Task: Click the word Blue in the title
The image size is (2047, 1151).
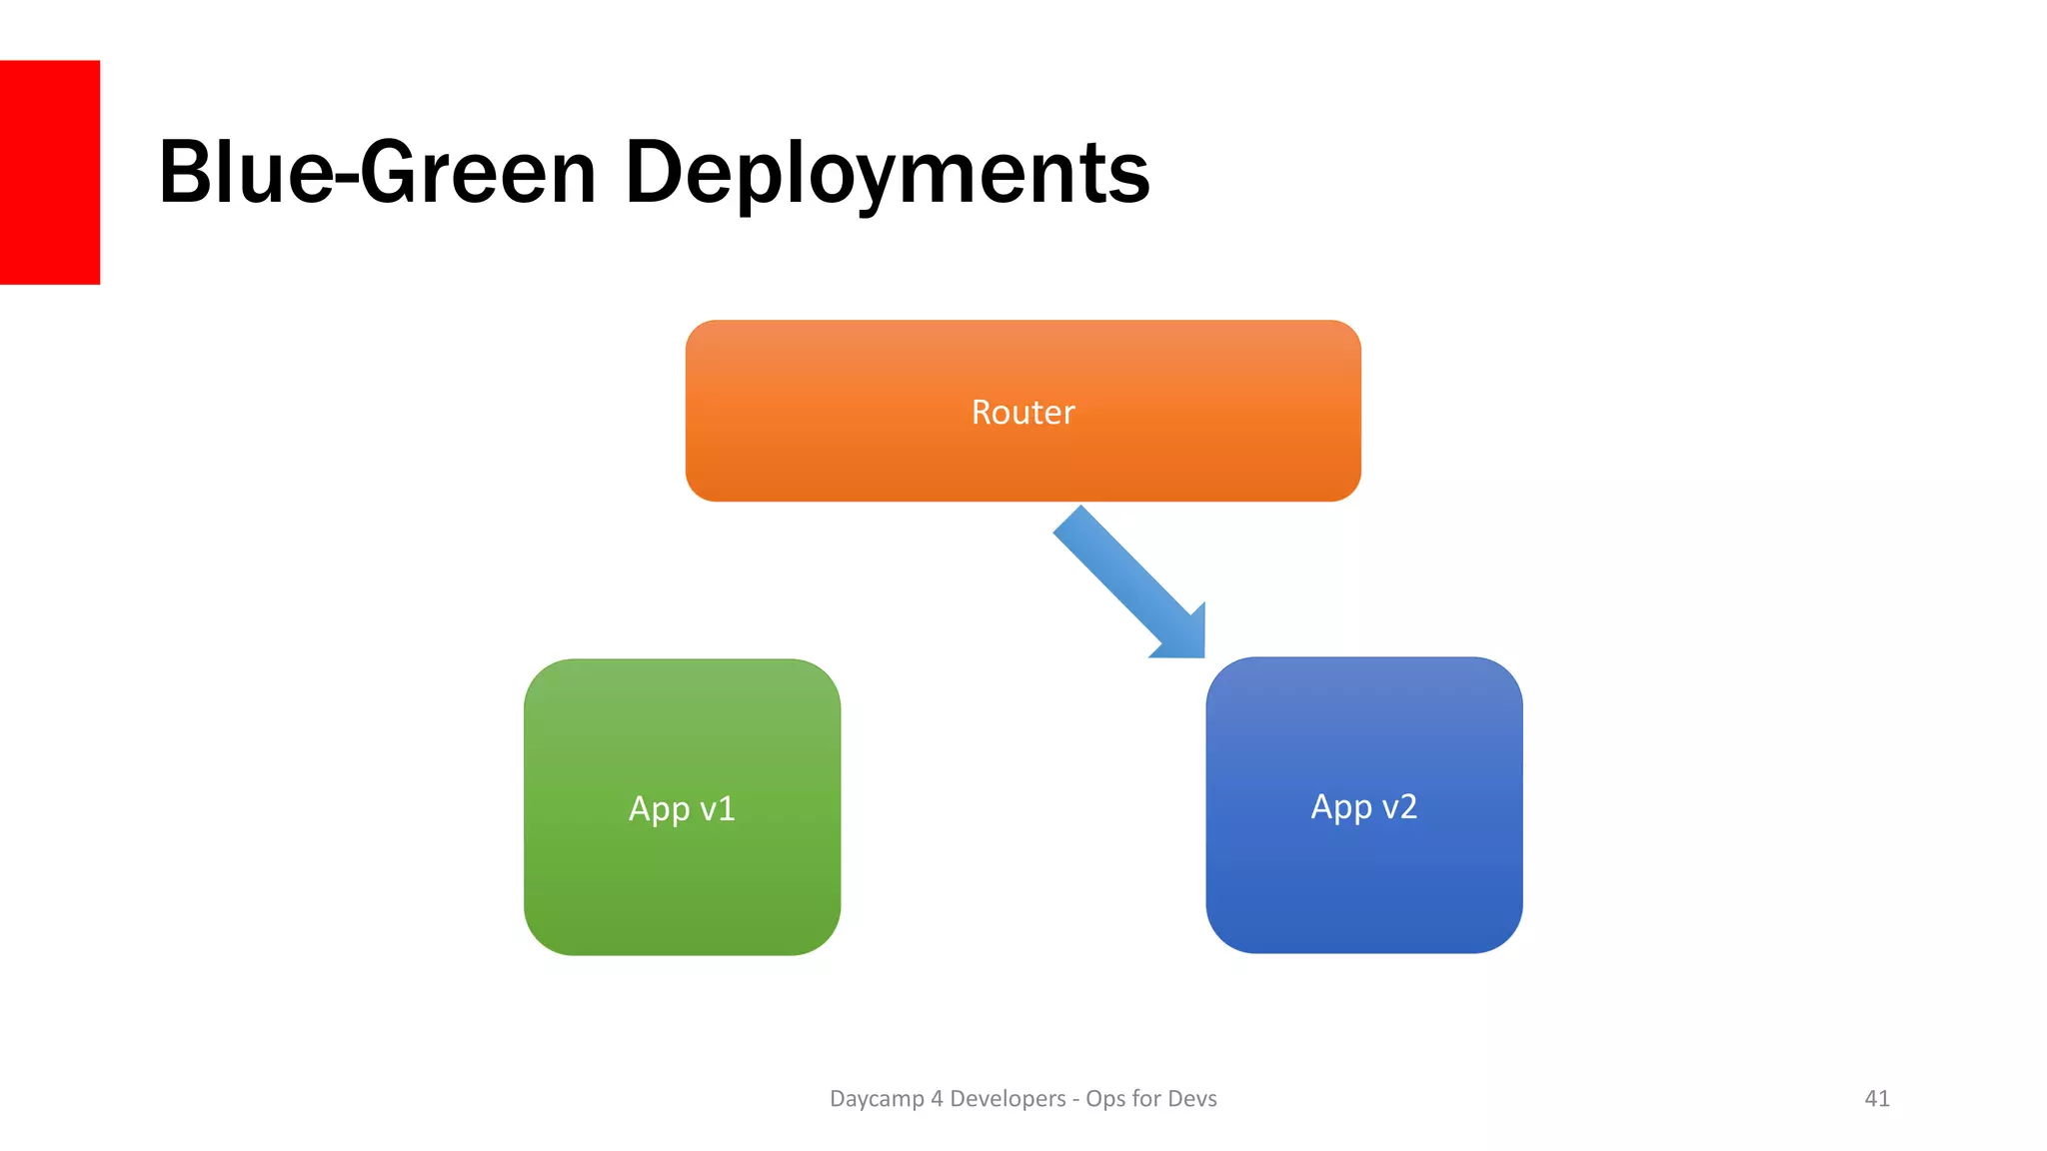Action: [245, 173]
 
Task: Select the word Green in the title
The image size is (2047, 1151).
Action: [478, 173]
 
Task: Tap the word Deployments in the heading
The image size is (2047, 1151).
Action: [887, 175]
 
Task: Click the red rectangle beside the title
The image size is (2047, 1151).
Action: [50, 172]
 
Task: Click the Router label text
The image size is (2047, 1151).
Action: [1023, 413]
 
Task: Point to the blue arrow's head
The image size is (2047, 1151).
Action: [1183, 635]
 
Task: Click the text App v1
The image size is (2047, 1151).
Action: [682, 808]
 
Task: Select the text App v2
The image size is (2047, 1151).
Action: [1363, 806]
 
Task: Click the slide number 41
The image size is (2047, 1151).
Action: [1877, 1098]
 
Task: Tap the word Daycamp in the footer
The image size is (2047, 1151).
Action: [877, 1099]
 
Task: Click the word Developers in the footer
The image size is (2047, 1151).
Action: [1008, 1098]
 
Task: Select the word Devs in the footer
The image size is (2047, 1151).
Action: [1191, 1098]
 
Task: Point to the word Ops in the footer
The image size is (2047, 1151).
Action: [1105, 1099]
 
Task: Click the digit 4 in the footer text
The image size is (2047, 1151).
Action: [937, 1098]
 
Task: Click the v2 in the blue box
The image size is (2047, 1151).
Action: [1399, 806]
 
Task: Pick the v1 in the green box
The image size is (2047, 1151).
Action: [718, 808]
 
